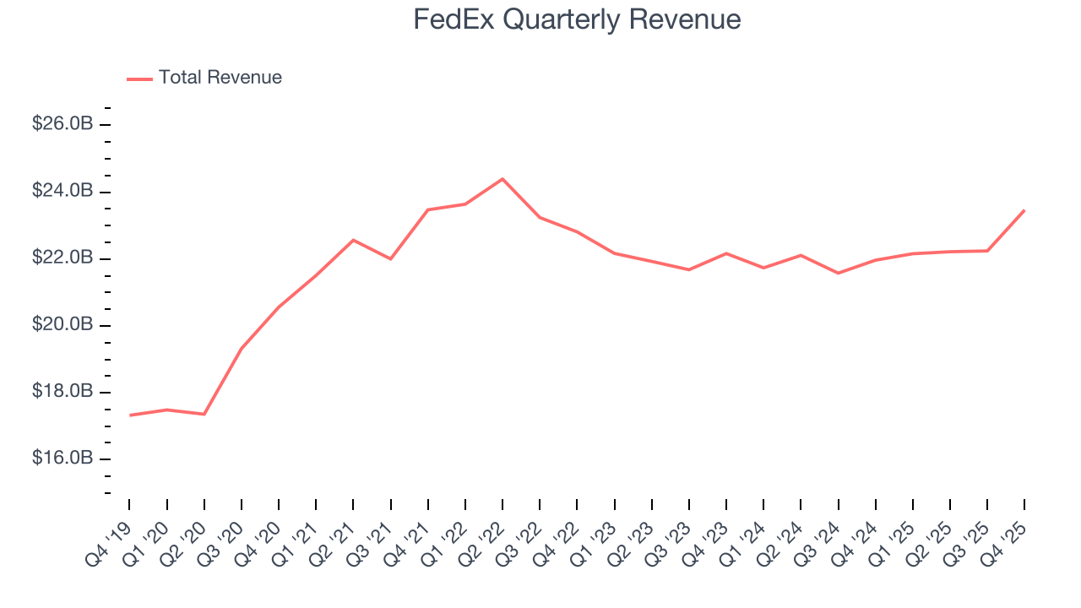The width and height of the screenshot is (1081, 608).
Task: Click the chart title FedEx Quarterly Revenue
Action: point(577,19)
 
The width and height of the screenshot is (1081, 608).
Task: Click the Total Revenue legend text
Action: point(220,78)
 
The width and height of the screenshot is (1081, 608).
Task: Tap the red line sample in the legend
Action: point(139,79)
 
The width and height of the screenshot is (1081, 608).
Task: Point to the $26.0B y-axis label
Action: point(62,124)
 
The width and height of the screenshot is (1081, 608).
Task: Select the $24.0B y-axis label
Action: point(62,191)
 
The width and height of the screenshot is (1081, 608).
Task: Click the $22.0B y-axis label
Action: point(62,258)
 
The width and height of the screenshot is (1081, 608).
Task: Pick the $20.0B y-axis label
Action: point(62,325)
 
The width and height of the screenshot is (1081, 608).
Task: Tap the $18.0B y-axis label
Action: point(62,392)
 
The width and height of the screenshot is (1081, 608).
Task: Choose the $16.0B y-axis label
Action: point(62,459)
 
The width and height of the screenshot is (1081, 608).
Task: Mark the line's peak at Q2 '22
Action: point(502,179)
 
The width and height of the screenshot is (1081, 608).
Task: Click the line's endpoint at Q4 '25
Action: point(1024,210)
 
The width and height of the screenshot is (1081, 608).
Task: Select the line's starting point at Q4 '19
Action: point(130,415)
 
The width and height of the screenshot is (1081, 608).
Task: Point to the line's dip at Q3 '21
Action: point(390,258)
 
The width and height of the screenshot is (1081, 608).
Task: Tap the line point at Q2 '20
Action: point(204,414)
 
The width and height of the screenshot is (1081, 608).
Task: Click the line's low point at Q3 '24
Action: point(838,273)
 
